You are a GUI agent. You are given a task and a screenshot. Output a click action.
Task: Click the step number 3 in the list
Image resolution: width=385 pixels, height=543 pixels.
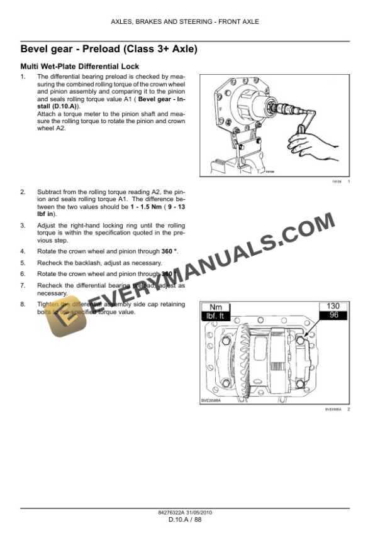(23, 224)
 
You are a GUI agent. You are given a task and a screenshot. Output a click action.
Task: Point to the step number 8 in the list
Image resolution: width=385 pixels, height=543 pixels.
(23, 304)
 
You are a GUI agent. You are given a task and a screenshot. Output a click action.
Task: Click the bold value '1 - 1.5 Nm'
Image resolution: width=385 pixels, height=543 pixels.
(145, 206)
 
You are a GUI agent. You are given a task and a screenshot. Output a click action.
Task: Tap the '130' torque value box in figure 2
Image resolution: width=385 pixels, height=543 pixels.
(333, 306)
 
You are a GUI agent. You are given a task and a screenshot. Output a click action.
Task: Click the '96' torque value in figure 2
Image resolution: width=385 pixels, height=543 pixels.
(333, 315)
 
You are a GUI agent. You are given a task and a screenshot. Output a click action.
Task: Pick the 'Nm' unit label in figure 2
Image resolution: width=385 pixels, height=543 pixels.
(216, 307)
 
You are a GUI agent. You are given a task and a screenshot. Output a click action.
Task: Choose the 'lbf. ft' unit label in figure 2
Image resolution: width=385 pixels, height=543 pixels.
(216, 316)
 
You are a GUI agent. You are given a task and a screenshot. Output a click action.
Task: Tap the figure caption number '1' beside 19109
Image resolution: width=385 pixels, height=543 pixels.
(349, 182)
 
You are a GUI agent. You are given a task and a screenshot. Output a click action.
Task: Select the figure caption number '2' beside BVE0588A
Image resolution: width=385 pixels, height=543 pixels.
(349, 409)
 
